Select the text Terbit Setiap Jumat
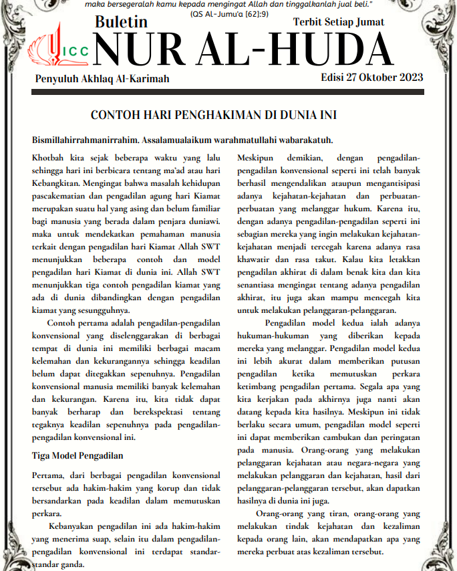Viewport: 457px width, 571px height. (x=339, y=22)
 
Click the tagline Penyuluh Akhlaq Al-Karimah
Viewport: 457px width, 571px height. (x=102, y=79)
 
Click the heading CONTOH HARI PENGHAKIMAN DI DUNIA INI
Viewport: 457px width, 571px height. (x=223, y=115)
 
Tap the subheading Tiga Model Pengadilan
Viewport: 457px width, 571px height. (x=78, y=455)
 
